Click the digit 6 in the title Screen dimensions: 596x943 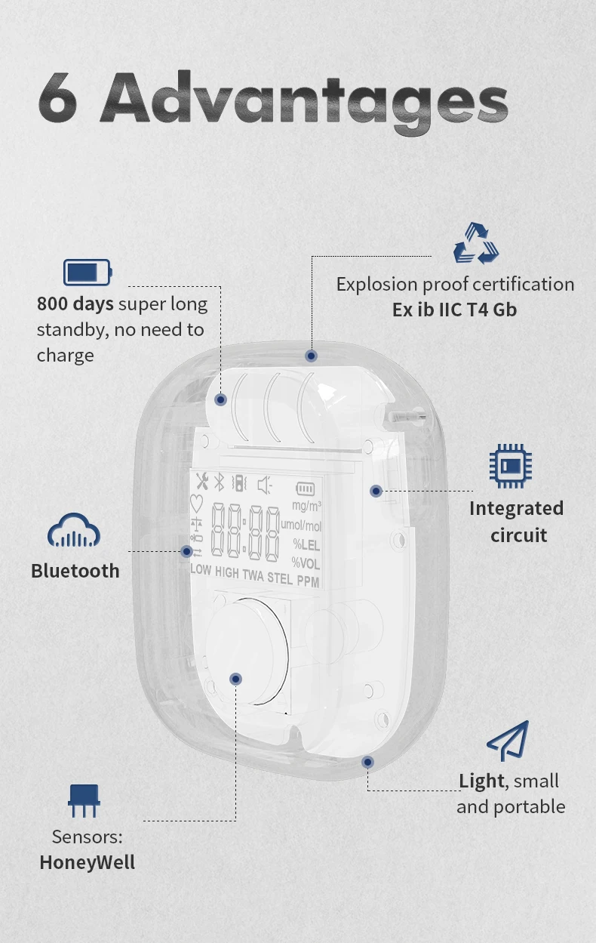pos(57,99)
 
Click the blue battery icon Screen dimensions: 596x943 pos(87,272)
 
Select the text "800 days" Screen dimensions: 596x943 pos(75,304)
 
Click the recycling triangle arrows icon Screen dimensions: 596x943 pos(476,243)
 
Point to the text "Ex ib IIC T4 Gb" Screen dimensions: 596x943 pos(454,310)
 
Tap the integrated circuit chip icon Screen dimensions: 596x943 pos(510,465)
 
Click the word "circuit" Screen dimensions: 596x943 pos(518,535)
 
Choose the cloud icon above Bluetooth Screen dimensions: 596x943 pos(74,531)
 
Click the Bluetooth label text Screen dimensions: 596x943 pos(75,571)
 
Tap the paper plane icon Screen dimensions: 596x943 pos(508,741)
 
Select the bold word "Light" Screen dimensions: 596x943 pos(481,781)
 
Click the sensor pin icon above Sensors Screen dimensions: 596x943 pos(83,800)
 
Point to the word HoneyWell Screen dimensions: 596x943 pos(88,862)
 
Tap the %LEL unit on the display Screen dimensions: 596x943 pos(307,544)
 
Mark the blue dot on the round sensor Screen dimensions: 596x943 pos(236,679)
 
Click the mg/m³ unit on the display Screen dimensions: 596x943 pos(307,505)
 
